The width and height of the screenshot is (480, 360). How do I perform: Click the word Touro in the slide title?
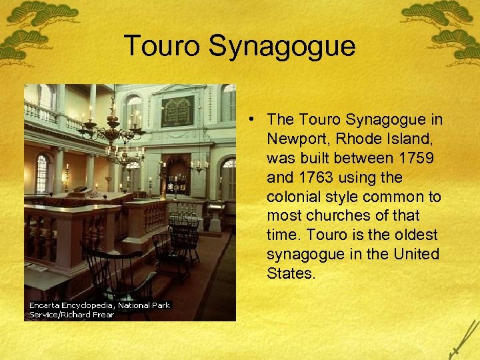(x=162, y=47)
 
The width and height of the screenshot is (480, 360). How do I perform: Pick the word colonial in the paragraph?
(x=293, y=197)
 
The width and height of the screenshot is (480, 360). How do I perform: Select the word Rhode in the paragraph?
(x=361, y=139)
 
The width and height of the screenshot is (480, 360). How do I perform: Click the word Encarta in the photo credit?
(x=47, y=305)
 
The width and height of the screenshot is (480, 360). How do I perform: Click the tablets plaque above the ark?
(x=177, y=111)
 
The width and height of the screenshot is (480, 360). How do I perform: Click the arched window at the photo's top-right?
(x=229, y=103)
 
